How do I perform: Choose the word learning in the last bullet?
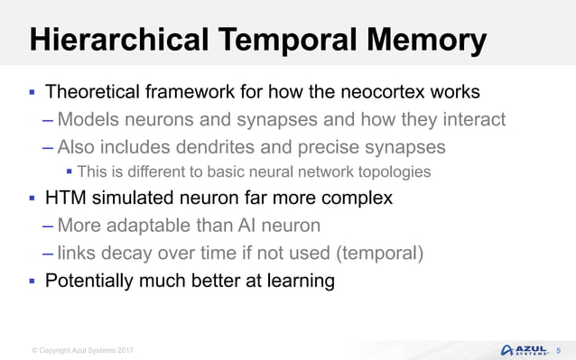(297, 280)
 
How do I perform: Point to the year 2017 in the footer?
(124, 349)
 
